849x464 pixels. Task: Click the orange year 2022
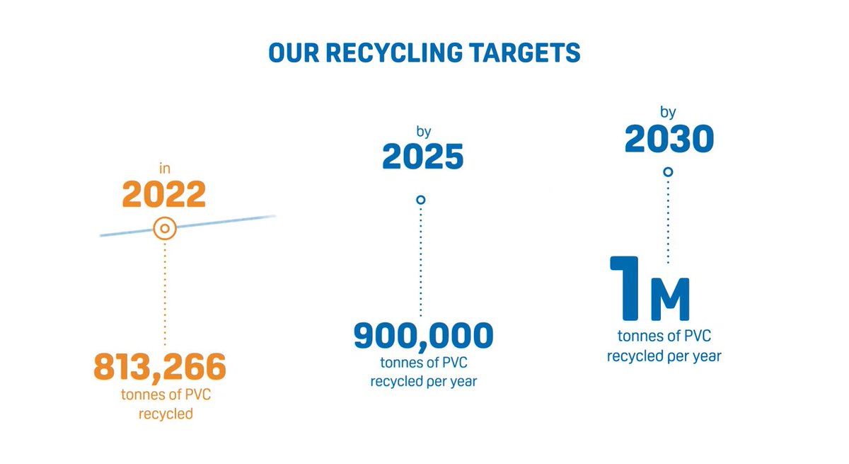[164, 194]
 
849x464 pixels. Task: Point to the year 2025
[423, 157]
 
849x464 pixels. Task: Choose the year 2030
[669, 140]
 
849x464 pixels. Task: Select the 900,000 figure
[423, 336]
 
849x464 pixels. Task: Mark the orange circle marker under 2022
[165, 229]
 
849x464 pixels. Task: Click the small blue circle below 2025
[421, 200]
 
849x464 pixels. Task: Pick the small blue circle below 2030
[668, 172]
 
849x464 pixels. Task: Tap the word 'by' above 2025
[424, 131]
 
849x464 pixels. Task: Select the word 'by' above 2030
[669, 113]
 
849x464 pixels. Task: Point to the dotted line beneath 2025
[421, 262]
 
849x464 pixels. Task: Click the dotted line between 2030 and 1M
[668, 220]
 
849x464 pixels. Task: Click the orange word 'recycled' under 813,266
[164, 413]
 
